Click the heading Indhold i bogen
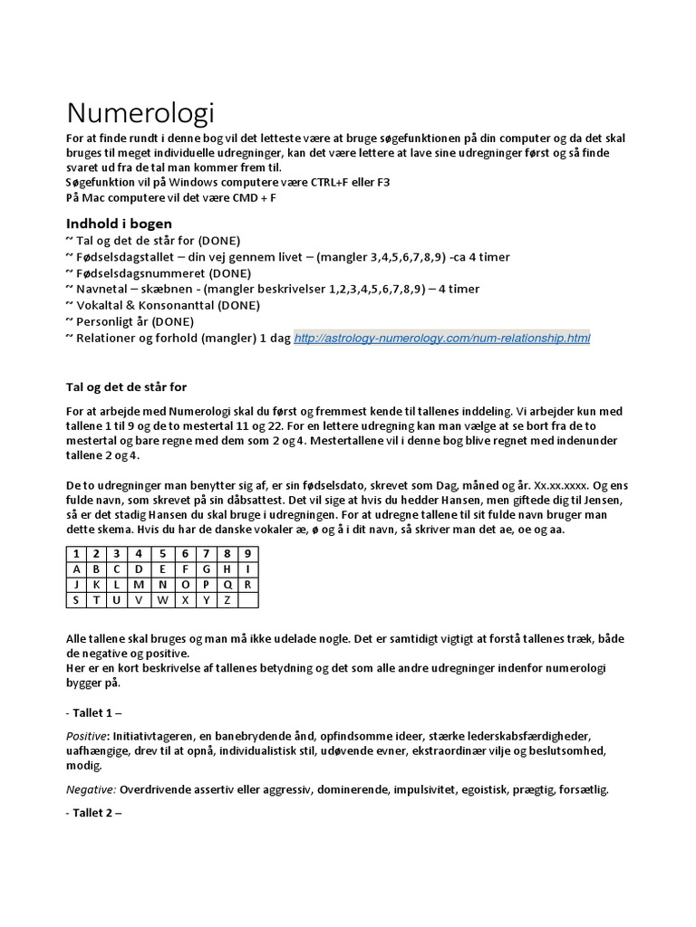(119, 223)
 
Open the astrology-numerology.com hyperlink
(442, 338)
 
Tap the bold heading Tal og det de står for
(126, 387)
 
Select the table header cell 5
(161, 553)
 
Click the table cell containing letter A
(77, 569)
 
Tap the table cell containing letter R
(246, 584)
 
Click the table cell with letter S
(77, 599)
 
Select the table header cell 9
(246, 553)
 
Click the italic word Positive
(86, 736)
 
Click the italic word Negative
(91, 788)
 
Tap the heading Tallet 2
(94, 812)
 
